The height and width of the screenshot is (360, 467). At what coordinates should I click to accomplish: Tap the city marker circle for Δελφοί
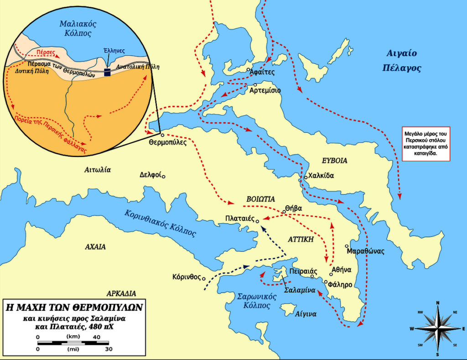(x=164, y=176)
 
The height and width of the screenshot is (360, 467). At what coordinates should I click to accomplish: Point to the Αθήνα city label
(x=343, y=269)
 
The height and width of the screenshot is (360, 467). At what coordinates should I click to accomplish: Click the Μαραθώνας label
(x=365, y=251)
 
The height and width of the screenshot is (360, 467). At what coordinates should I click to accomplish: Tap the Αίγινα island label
(x=306, y=314)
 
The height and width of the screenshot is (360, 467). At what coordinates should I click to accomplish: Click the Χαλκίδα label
(x=321, y=175)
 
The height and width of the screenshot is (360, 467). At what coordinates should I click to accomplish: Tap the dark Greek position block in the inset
(x=108, y=72)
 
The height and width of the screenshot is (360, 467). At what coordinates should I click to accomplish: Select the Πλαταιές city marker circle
(x=257, y=221)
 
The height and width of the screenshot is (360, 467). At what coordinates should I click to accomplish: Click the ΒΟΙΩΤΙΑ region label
(x=260, y=199)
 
